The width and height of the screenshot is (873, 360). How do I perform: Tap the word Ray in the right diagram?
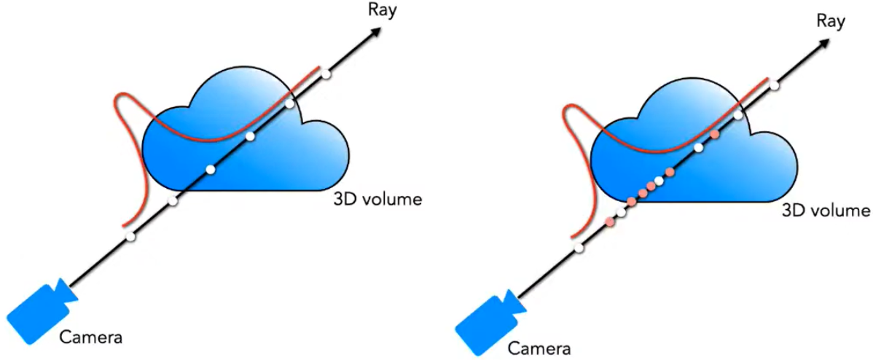click(831, 21)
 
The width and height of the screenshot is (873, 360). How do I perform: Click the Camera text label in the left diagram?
click(91, 337)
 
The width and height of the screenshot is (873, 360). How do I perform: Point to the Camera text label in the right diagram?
click(539, 346)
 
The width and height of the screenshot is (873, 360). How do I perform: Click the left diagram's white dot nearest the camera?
click(130, 237)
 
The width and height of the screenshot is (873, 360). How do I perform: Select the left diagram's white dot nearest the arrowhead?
click(326, 74)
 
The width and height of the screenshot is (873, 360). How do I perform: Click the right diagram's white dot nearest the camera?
click(579, 249)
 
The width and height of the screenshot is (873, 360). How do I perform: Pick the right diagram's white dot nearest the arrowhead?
click(775, 86)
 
